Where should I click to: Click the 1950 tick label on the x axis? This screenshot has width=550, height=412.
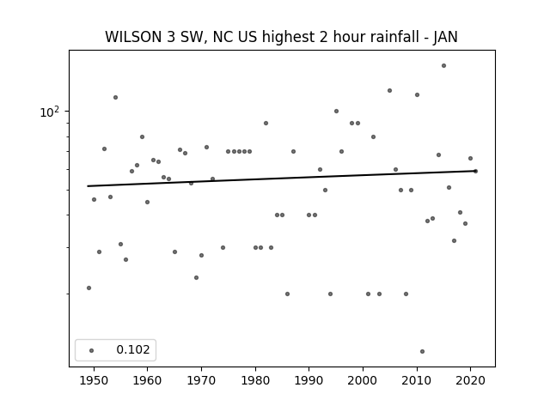tap(94, 381)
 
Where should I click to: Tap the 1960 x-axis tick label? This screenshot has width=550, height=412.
tap(147, 381)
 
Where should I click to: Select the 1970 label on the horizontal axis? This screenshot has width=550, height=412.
tap(201, 381)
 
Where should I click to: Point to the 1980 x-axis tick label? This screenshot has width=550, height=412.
tap(255, 381)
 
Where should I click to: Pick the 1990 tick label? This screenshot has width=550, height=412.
tap(309, 381)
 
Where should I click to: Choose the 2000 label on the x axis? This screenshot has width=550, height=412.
tap(363, 381)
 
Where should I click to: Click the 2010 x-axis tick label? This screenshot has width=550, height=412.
tap(417, 381)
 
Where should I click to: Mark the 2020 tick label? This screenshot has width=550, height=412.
tap(471, 381)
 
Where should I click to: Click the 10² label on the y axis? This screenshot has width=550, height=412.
tap(50, 112)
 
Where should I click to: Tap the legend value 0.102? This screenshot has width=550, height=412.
tap(133, 349)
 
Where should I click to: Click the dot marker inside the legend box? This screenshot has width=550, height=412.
tap(92, 350)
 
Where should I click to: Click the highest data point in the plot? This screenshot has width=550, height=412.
tap(443, 65)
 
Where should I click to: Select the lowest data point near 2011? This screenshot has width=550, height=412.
tap(422, 351)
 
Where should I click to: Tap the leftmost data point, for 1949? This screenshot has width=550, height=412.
tap(89, 288)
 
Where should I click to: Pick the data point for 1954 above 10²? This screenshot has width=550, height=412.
tap(115, 97)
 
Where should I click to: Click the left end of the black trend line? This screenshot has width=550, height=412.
tap(88, 186)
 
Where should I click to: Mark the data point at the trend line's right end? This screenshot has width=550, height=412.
tap(475, 172)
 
